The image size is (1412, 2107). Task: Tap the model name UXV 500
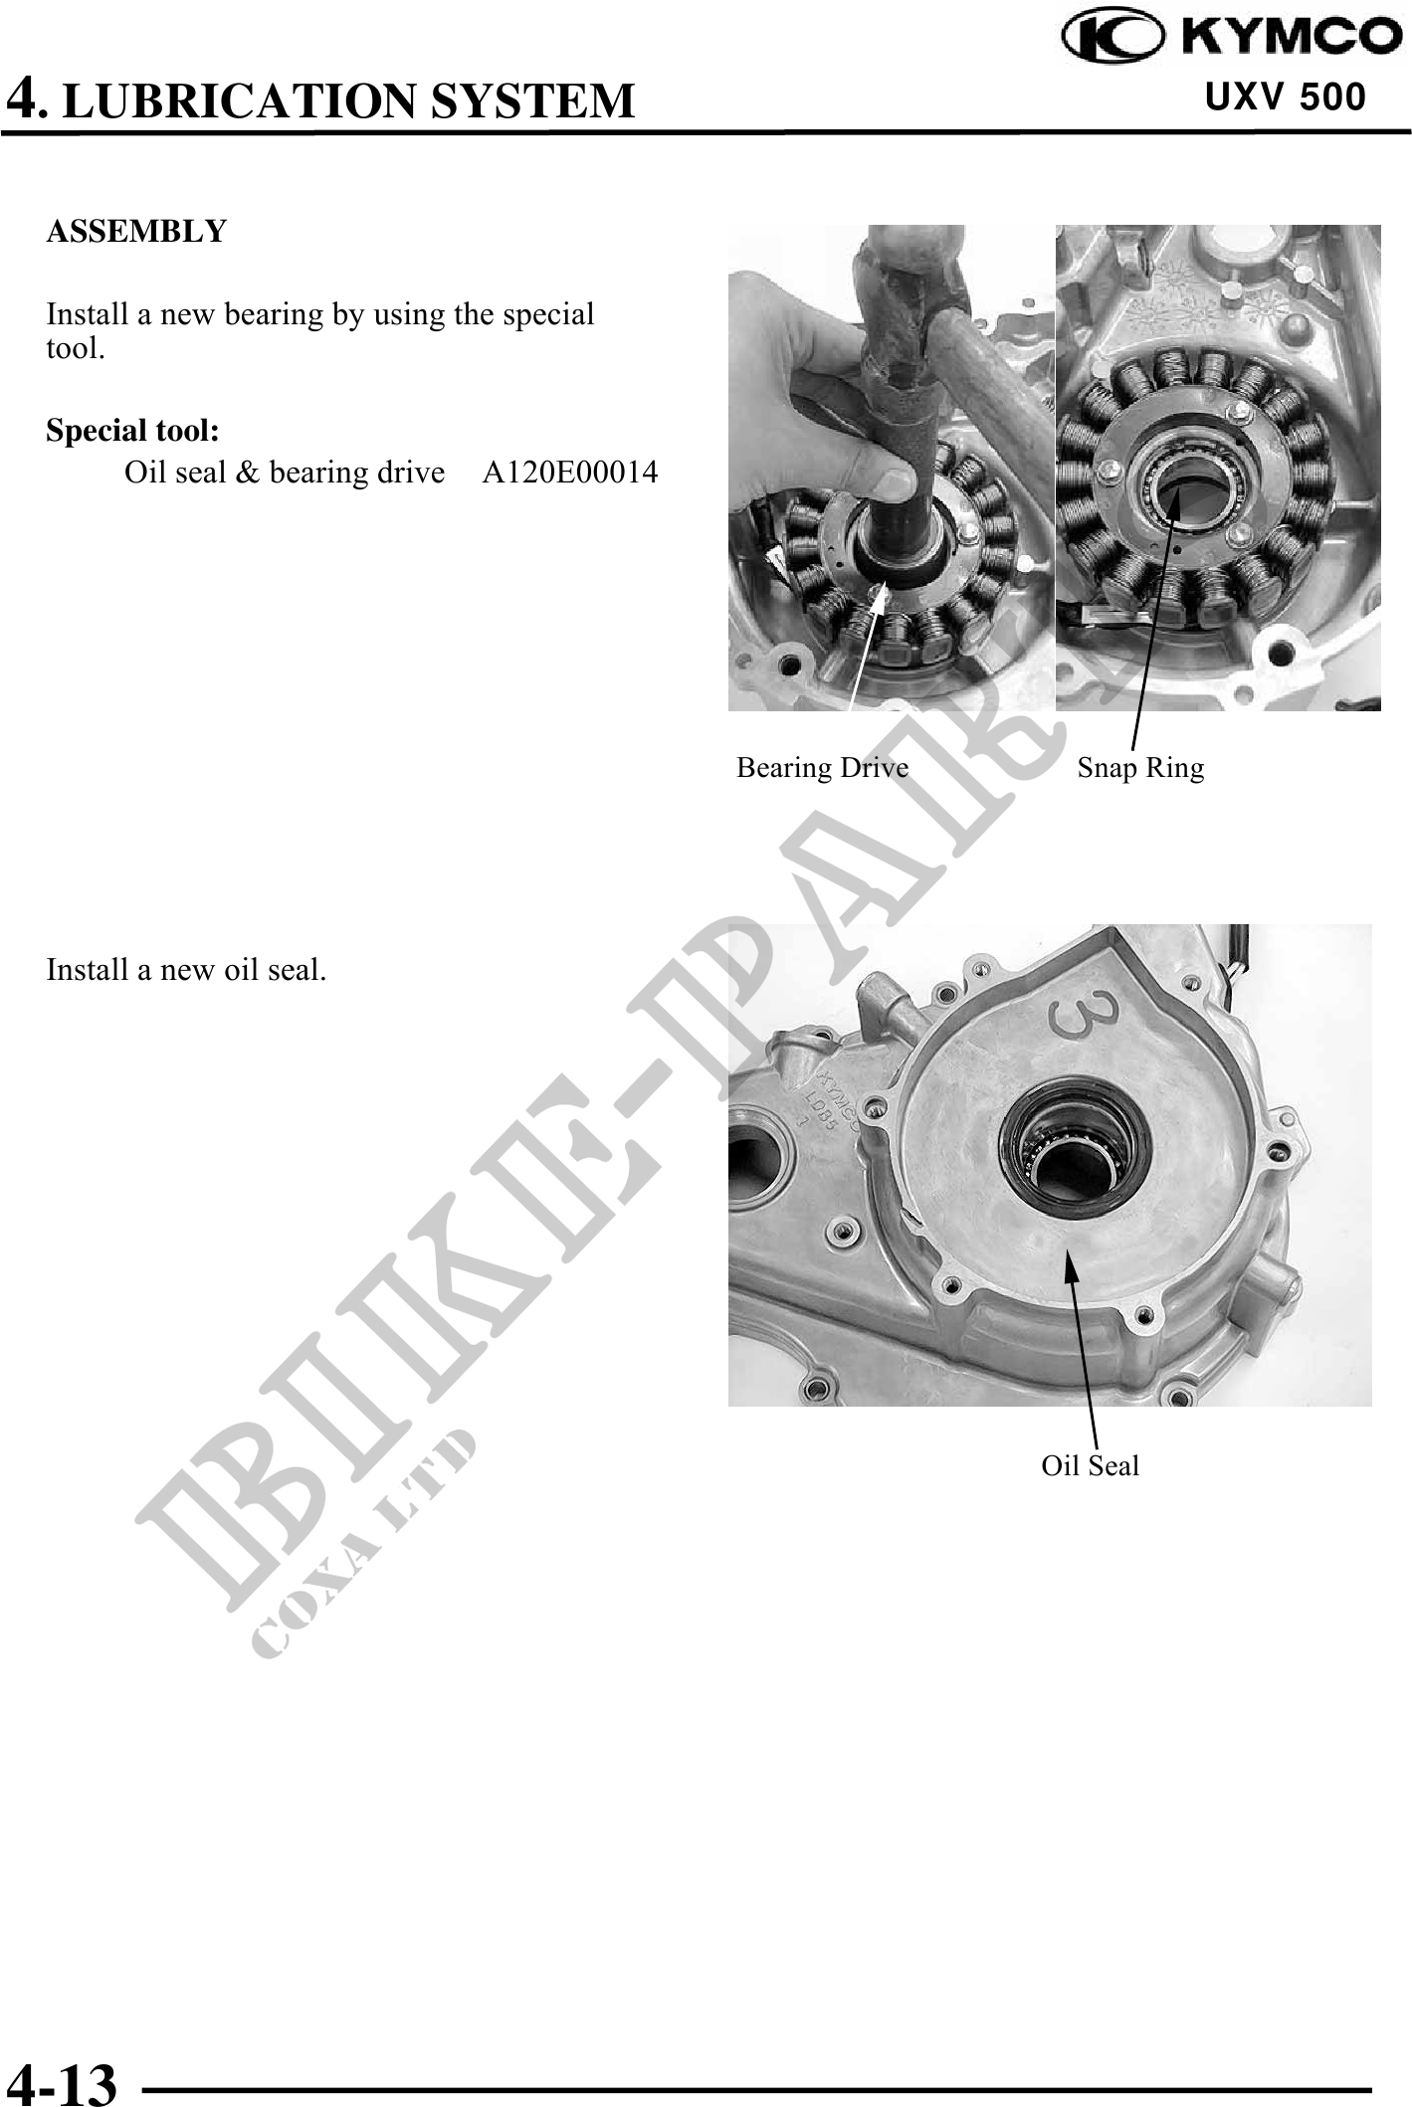pos(1286,97)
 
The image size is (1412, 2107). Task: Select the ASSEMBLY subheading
pos(137,232)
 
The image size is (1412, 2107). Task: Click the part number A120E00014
pos(570,472)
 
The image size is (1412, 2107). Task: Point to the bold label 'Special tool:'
pos(133,431)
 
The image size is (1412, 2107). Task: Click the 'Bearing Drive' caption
pos(822,768)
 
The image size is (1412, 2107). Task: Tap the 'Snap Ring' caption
pos(1140,768)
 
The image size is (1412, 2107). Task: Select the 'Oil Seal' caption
pos(1091,1465)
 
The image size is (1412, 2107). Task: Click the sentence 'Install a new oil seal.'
pos(187,970)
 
